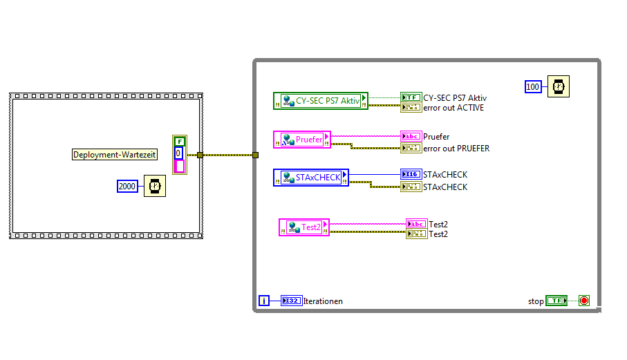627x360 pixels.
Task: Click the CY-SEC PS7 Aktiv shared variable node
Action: tap(321, 101)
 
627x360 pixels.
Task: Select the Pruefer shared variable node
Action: tap(302, 140)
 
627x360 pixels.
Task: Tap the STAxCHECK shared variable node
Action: tap(311, 178)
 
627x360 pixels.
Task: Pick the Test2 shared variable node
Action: tap(304, 227)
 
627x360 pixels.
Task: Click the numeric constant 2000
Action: tap(128, 185)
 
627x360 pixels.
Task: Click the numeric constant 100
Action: tap(532, 86)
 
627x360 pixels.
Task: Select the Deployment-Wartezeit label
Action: tap(115, 155)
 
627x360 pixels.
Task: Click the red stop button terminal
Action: tap(584, 301)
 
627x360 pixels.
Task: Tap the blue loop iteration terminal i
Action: tap(264, 301)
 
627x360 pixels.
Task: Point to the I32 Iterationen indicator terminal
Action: tap(292, 301)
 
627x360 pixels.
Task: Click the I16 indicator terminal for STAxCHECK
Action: tap(411, 174)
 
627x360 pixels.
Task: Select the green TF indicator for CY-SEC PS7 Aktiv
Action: tap(411, 97)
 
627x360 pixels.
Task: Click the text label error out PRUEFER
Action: tap(456, 148)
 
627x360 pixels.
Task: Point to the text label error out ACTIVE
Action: tap(453, 107)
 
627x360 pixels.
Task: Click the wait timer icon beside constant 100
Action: tap(559, 86)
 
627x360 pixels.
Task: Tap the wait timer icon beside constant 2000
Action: tap(155, 186)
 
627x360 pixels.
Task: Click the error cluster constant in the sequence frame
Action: tap(180, 154)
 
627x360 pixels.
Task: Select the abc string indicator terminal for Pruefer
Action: tap(411, 136)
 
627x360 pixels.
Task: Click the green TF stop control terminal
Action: tap(556, 301)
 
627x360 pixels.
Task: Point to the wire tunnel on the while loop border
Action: tap(255, 155)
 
